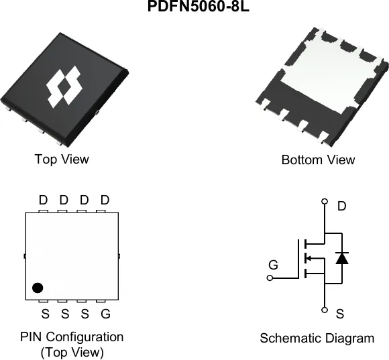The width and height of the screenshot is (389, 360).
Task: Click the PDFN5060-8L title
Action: click(x=199, y=6)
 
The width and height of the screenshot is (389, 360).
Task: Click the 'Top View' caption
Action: click(x=62, y=159)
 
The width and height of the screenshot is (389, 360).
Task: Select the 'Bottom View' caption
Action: click(x=318, y=160)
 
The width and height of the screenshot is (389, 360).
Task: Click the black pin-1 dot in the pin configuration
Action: click(x=38, y=288)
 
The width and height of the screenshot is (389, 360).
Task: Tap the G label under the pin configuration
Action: click(x=105, y=314)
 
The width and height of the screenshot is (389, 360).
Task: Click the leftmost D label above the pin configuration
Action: click(x=43, y=200)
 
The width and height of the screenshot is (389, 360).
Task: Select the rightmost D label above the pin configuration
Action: click(x=105, y=200)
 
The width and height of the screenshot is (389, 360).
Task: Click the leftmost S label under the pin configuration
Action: click(x=45, y=314)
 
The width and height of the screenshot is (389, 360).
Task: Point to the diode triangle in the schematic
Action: click(x=342, y=258)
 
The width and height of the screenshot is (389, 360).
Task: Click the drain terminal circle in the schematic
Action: click(x=325, y=201)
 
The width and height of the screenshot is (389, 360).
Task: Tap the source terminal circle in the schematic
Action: click(x=325, y=310)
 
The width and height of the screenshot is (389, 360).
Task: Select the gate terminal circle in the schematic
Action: click(x=270, y=278)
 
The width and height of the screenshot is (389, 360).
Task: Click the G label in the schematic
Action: click(x=273, y=265)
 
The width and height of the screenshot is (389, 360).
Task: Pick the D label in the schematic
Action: click(x=341, y=206)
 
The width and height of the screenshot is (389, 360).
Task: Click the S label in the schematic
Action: click(x=340, y=314)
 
